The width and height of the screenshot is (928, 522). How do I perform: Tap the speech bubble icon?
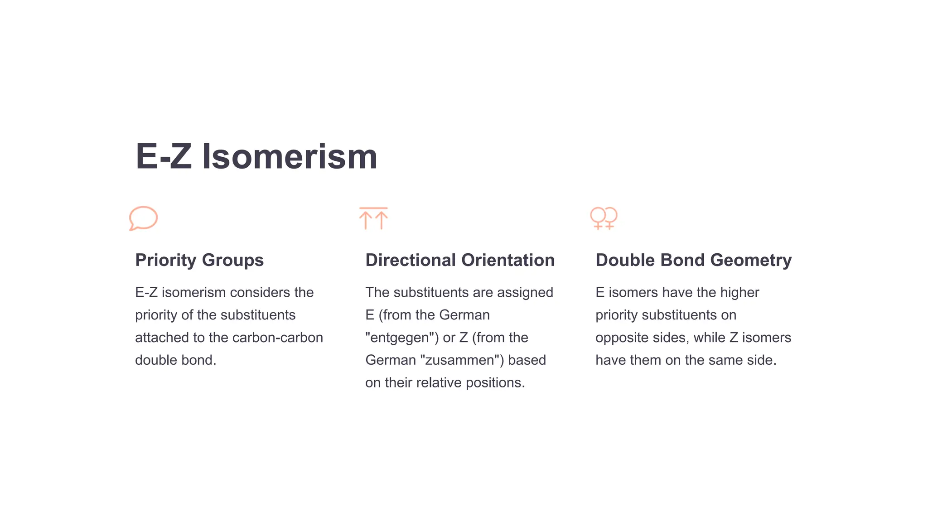[143, 218]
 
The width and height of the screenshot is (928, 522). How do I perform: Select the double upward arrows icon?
[373, 218]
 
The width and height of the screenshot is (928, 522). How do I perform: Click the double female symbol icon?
[604, 218]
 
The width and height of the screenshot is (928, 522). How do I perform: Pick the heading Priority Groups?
[199, 260]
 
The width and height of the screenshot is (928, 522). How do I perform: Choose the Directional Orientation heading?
[460, 260]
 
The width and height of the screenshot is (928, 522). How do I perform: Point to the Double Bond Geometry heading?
[693, 260]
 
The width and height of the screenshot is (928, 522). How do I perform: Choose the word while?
[709, 338]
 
